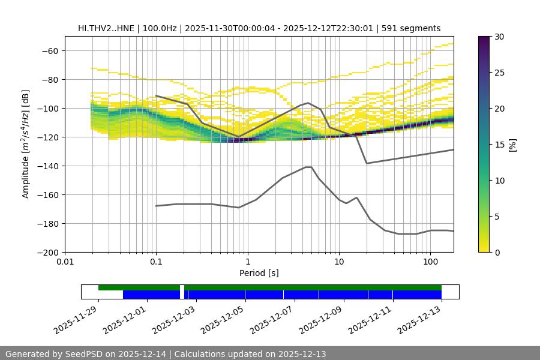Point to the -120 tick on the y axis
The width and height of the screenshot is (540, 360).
tap(48, 137)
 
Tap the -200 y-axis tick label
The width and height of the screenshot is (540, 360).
tap(48, 253)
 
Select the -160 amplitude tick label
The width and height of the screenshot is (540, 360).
tap(48, 195)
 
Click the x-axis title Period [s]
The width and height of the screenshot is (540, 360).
tap(259, 274)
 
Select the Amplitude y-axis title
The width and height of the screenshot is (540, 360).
tap(26, 145)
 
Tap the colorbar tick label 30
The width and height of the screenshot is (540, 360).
tap(499, 37)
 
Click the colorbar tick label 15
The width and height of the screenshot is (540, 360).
tap(499, 145)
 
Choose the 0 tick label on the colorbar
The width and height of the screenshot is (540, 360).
tap(497, 253)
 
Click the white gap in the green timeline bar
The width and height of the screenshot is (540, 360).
tap(182, 288)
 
